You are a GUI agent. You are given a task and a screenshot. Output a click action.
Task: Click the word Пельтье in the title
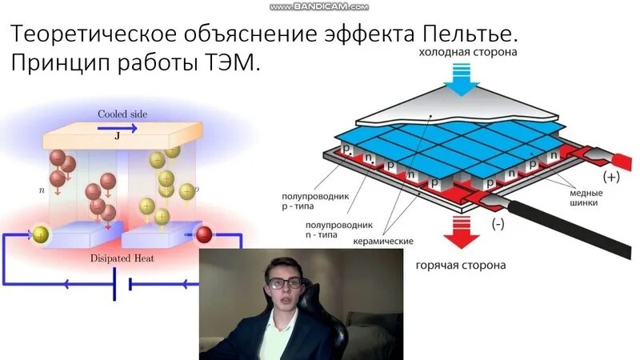pyautogui.click(x=466, y=35)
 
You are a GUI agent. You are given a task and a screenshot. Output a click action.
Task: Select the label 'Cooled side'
pyautogui.click(x=122, y=114)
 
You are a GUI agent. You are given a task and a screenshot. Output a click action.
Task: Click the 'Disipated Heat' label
pyautogui.click(x=122, y=258)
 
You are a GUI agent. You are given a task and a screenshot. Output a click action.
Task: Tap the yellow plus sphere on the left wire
pyautogui.click(x=40, y=234)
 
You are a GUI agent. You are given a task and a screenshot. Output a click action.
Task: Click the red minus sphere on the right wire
pyautogui.click(x=204, y=234)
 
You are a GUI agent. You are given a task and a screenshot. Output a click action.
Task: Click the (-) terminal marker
pyautogui.click(x=498, y=225)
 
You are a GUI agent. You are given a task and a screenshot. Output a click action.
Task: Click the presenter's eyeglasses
pyautogui.click(x=285, y=282)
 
